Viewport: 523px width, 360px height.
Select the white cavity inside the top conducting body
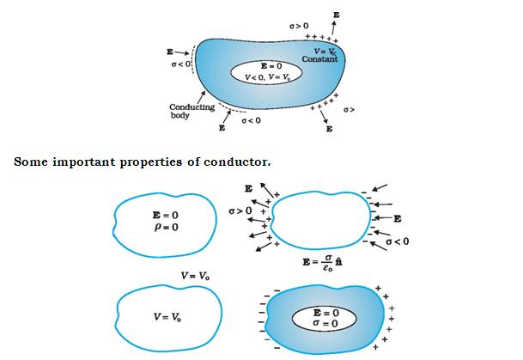pos(265,71)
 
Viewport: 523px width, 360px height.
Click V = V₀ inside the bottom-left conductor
pos(168,316)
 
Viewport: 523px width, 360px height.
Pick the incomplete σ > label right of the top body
pos(349,111)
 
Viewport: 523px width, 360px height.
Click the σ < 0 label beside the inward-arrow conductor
pos(397,242)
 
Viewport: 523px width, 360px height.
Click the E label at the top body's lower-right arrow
pos(329,130)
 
